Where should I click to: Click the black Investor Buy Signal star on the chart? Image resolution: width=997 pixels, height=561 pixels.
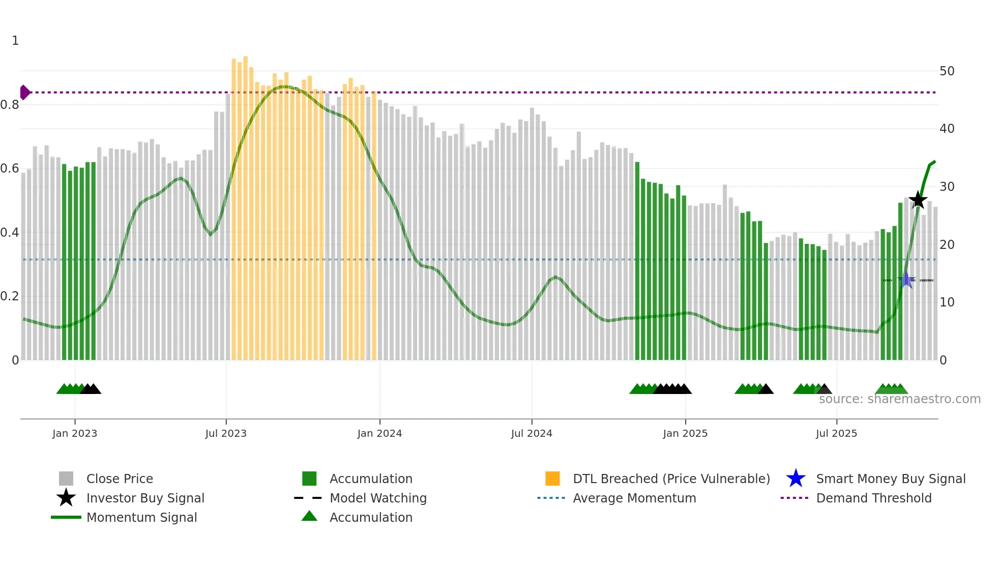click(x=918, y=200)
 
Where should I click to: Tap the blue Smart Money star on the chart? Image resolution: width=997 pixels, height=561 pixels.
click(x=906, y=279)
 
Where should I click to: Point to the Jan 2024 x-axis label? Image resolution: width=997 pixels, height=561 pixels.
click(x=379, y=433)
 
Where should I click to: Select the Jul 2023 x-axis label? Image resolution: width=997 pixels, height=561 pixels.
click(x=226, y=433)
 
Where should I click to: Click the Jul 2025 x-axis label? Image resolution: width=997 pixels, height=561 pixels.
click(x=836, y=433)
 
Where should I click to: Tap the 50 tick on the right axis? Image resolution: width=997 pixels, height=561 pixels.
click(x=947, y=71)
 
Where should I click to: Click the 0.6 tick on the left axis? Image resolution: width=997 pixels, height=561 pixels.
click(x=10, y=169)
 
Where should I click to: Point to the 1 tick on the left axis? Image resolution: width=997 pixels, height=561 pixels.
click(x=15, y=41)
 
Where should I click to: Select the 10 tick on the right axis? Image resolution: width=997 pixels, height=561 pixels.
click(x=947, y=302)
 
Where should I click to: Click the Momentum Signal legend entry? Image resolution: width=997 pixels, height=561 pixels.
click(x=141, y=517)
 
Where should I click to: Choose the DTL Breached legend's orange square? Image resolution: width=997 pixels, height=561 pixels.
click(x=552, y=479)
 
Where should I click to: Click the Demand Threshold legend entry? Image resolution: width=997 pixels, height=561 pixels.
click(x=873, y=498)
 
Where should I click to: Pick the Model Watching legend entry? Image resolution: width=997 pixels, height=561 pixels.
click(x=377, y=498)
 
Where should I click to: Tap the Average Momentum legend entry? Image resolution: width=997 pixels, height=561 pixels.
click(x=634, y=498)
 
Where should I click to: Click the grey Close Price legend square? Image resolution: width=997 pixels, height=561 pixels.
click(x=66, y=479)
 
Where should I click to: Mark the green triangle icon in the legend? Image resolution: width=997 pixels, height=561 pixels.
click(x=309, y=516)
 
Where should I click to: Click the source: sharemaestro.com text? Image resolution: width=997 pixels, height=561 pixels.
click(x=899, y=399)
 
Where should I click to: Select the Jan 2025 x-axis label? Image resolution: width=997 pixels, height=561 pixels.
click(x=685, y=433)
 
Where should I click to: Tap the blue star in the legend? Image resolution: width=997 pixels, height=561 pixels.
click(x=796, y=479)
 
